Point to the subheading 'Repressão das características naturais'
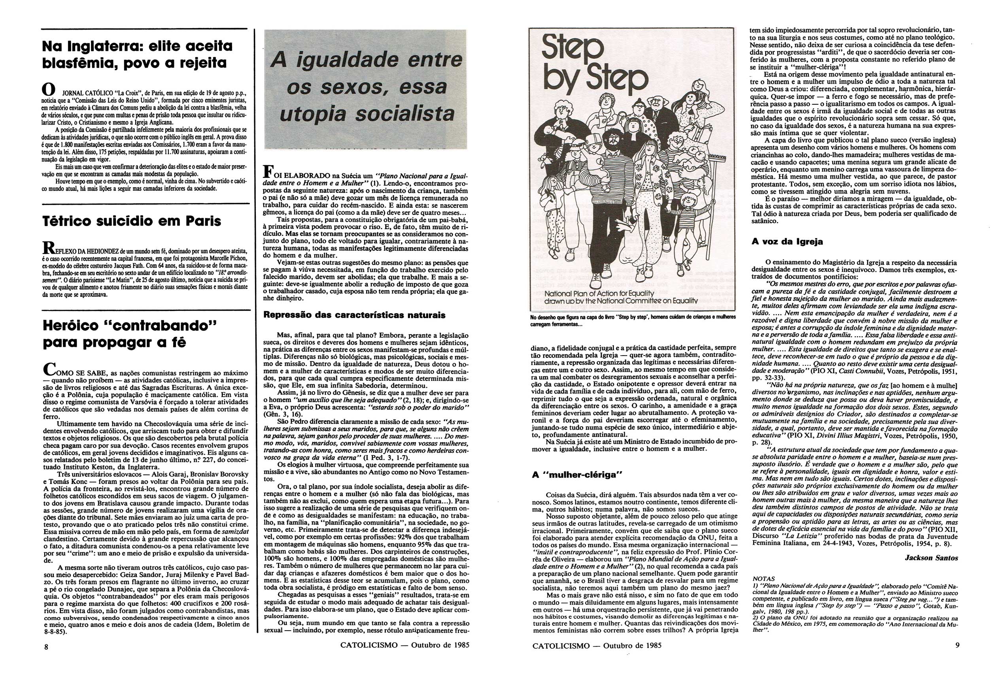(x=354, y=315)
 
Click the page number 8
(x=46, y=648)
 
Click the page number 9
(x=957, y=646)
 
